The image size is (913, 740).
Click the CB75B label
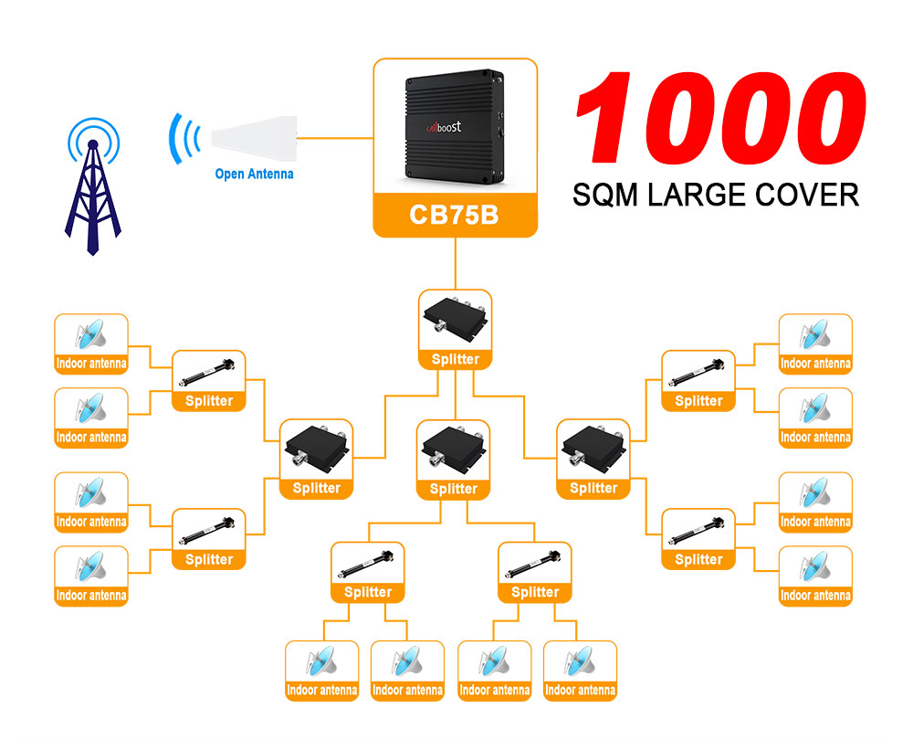click(455, 217)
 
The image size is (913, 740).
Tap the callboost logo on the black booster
click(445, 128)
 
